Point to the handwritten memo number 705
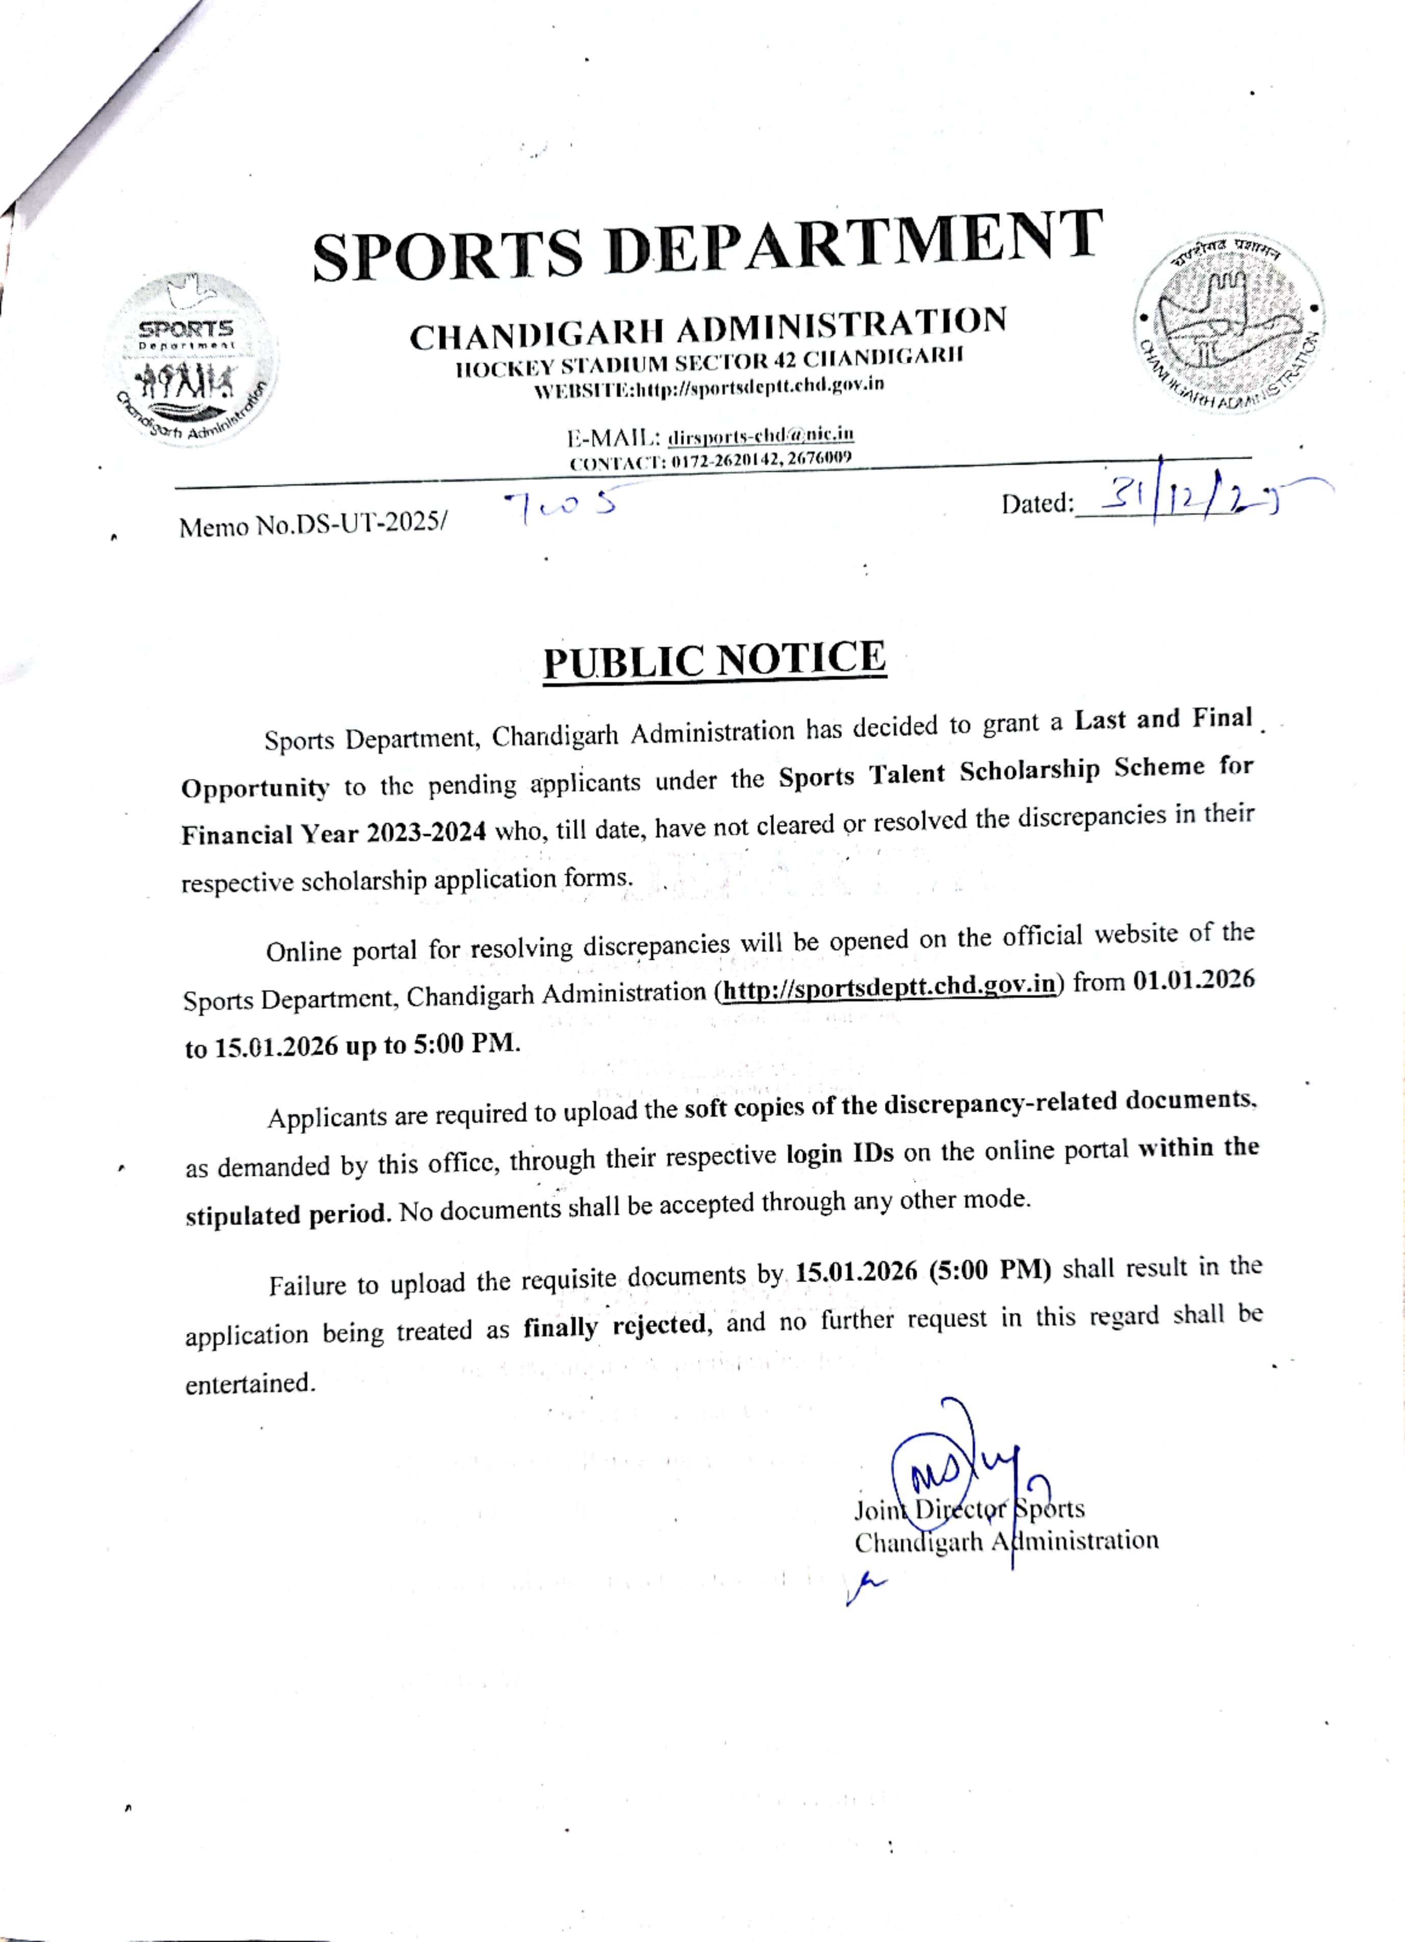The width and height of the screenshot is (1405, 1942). tap(561, 506)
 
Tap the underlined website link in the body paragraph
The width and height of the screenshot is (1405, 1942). tap(889, 986)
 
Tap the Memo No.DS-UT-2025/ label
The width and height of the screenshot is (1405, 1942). tap(313, 525)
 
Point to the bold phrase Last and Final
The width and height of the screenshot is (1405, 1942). tap(1163, 719)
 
